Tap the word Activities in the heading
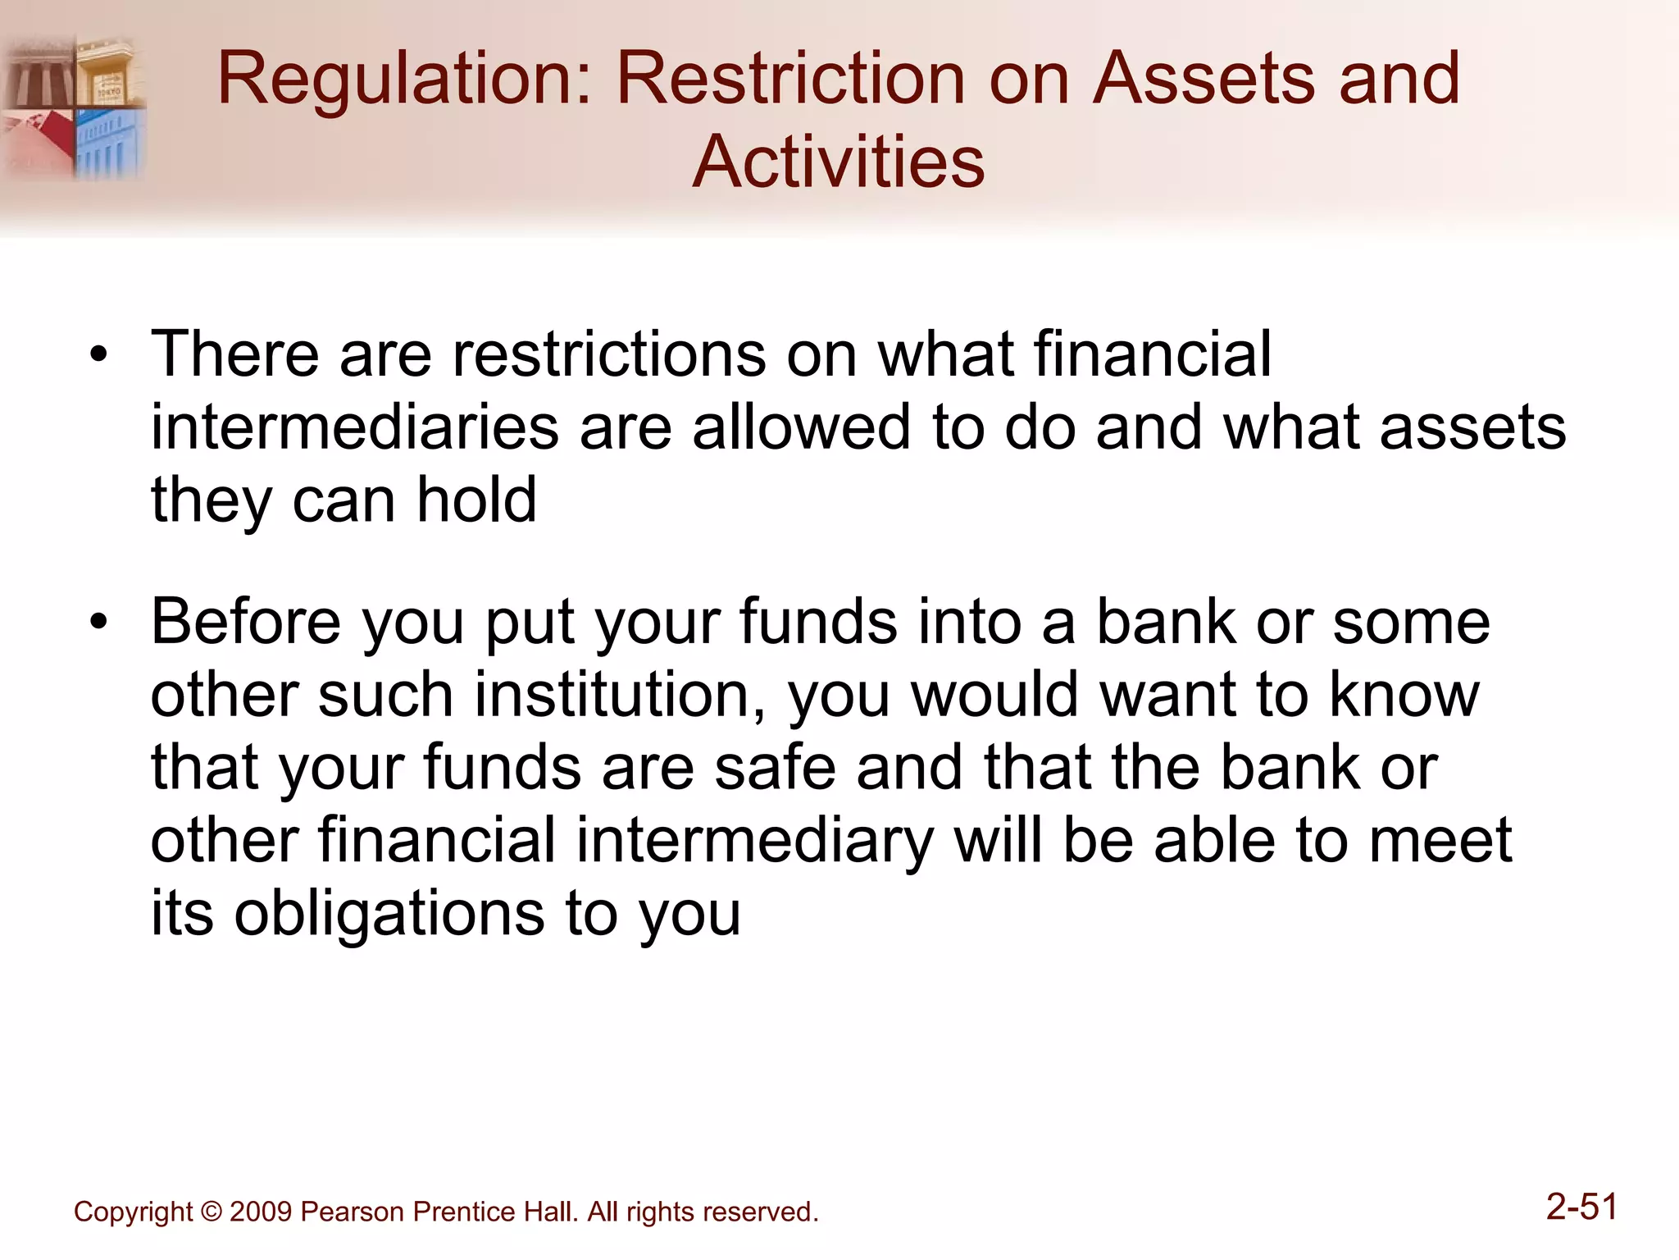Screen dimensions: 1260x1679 pos(838,162)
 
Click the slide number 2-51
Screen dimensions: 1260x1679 pos(1581,1207)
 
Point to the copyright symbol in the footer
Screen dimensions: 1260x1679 pos(212,1212)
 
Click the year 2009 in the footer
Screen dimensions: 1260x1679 pos(261,1212)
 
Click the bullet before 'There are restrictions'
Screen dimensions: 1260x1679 pos(99,356)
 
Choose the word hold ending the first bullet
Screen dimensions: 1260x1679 pos(476,500)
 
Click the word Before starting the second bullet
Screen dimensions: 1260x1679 pos(246,622)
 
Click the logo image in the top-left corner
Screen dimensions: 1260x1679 pos(74,107)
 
